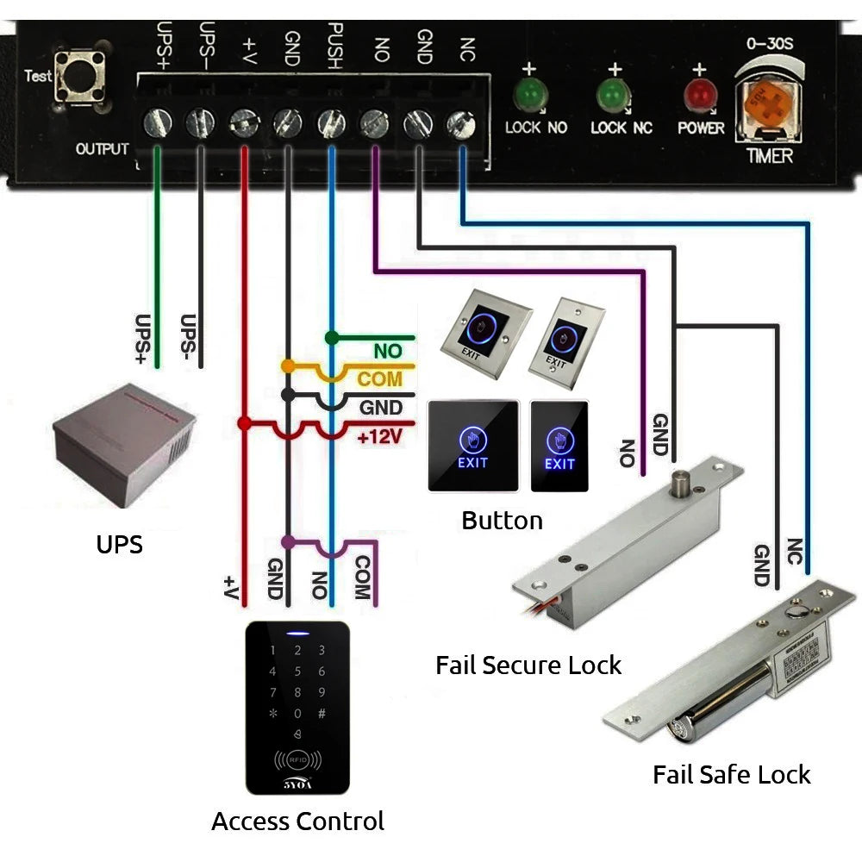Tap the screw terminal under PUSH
332,123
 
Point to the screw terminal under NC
460,125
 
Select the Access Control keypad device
297,707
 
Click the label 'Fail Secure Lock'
528,665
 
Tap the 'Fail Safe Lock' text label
731,775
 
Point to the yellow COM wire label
380,378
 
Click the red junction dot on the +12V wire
245,423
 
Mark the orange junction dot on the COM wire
288,367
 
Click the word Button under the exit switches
502,521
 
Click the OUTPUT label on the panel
102,149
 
